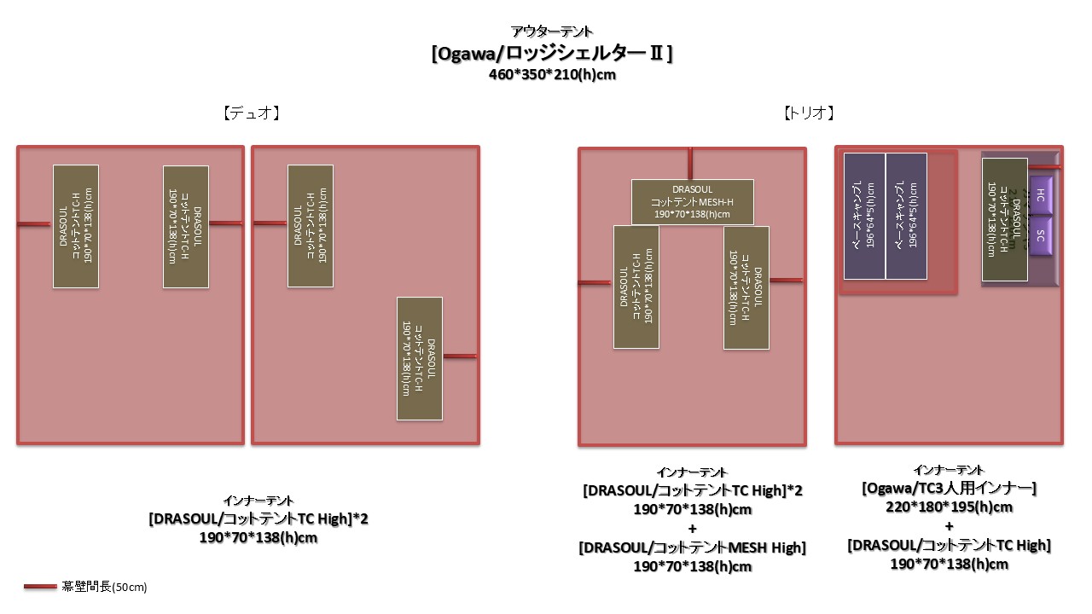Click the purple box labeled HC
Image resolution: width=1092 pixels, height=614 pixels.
pyautogui.click(x=1042, y=195)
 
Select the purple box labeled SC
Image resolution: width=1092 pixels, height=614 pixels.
pyautogui.click(x=1042, y=235)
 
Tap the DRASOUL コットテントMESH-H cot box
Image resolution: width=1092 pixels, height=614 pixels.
pyautogui.click(x=692, y=202)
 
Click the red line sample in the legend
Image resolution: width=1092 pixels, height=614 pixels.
pyautogui.click(x=41, y=587)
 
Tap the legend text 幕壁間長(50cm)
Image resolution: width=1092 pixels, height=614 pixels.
pyautogui.click(x=105, y=587)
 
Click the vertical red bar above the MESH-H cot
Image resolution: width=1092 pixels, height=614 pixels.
pyautogui.click(x=691, y=164)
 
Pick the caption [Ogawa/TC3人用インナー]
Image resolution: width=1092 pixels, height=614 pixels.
pyautogui.click(x=949, y=489)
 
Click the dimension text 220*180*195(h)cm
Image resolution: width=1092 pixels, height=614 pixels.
pyautogui.click(x=949, y=507)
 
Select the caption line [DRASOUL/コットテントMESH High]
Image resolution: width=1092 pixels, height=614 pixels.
pyautogui.click(x=691, y=547)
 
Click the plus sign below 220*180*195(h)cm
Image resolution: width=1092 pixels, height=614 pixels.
pyautogui.click(x=949, y=526)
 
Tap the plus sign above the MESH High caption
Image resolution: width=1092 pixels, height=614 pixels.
pyautogui.click(x=691, y=529)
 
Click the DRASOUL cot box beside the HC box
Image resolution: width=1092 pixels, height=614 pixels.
pyautogui.click(x=1004, y=219)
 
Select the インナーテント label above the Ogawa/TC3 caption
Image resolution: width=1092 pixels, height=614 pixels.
pyautogui.click(x=949, y=470)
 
